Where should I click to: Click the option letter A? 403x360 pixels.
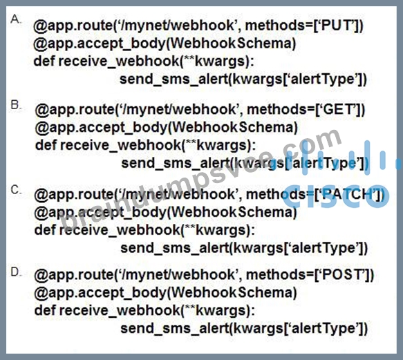pyautogui.click(x=15, y=19)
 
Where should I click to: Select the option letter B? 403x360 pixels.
pyautogui.click(x=15, y=104)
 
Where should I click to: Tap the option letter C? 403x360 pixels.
pyautogui.click(x=15, y=190)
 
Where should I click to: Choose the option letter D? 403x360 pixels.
pyautogui.click(x=15, y=272)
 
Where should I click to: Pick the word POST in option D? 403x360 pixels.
pyautogui.click(x=343, y=274)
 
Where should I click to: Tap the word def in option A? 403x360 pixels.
pyautogui.click(x=44, y=61)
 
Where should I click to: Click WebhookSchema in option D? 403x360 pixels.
pyautogui.click(x=231, y=292)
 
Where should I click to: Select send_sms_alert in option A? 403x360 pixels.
pyautogui.click(x=174, y=79)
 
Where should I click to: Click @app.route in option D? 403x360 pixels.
pyautogui.click(x=73, y=275)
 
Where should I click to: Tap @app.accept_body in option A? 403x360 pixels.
pyautogui.click(x=100, y=44)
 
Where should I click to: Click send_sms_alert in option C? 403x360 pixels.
pyautogui.click(x=175, y=248)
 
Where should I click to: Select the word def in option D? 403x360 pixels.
pyautogui.click(x=45, y=310)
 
